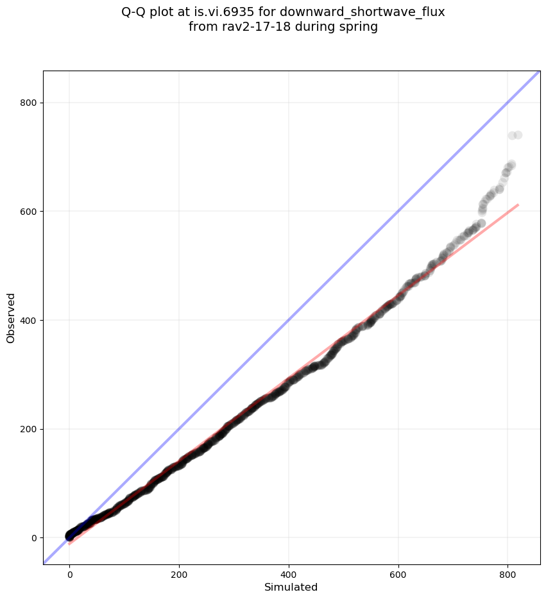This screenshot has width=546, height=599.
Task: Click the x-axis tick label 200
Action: coord(179,575)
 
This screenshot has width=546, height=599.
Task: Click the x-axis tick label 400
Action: coord(289,575)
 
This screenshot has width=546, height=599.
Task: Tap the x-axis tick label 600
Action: coord(398,575)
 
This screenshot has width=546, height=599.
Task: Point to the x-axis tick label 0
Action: coord(69,575)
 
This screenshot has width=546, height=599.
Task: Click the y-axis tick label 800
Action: coord(30,103)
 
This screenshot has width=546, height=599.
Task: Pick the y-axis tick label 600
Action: coord(30,212)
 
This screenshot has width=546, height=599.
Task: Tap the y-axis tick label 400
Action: coord(30,320)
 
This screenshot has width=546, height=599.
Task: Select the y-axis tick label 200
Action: coord(30,429)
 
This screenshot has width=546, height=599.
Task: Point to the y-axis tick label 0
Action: coord(34,537)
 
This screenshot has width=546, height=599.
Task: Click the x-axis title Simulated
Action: coord(291,587)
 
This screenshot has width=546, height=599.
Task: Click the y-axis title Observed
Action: coord(11,317)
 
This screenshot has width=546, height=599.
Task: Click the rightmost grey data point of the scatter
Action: coord(518,135)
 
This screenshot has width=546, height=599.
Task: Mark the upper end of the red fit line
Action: coord(518,205)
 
